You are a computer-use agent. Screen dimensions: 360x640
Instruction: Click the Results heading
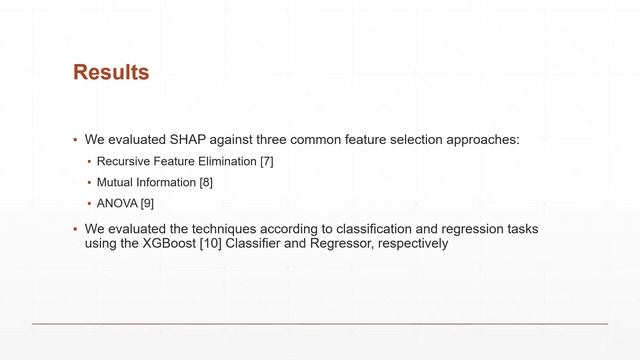[x=111, y=73]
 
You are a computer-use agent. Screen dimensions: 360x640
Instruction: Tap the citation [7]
[x=266, y=161]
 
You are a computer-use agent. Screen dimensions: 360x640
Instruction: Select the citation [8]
[x=206, y=183]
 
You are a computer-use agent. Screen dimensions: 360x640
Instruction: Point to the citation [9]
[x=147, y=205]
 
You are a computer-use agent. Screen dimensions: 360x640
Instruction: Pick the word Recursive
[x=123, y=161]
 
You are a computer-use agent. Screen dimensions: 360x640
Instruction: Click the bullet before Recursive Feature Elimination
[x=88, y=162]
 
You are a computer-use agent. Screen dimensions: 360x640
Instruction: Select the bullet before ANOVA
[x=88, y=206]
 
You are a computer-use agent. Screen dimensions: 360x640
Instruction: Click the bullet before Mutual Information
[x=88, y=184]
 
